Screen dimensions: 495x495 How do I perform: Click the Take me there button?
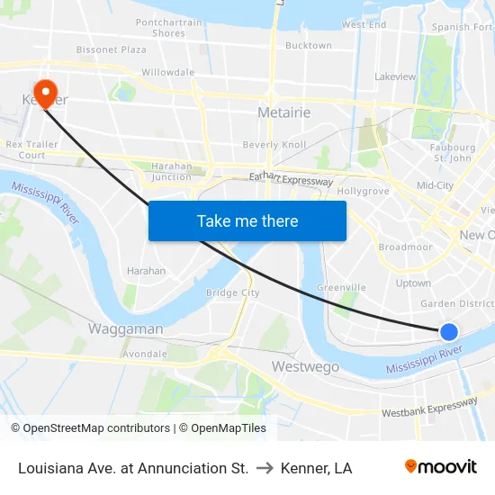pyautogui.click(x=247, y=220)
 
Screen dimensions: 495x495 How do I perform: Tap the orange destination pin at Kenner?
pyautogui.click(x=43, y=93)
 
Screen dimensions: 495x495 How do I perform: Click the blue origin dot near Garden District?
pyautogui.click(x=448, y=331)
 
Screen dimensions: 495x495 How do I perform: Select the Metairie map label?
pyautogui.click(x=283, y=112)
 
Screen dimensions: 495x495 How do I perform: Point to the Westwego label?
pyautogui.click(x=305, y=367)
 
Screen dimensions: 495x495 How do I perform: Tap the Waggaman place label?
pyautogui.click(x=125, y=329)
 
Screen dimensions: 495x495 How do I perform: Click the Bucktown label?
pyautogui.click(x=308, y=45)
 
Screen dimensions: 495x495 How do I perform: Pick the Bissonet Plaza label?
pyautogui.click(x=111, y=49)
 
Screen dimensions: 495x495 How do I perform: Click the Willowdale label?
pyautogui.click(x=167, y=72)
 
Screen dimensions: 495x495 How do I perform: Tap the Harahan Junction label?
pyautogui.click(x=171, y=171)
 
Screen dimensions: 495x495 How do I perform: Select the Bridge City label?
pyautogui.click(x=232, y=292)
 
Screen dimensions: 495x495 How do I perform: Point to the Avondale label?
pyautogui.click(x=144, y=354)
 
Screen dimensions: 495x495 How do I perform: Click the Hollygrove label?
pyautogui.click(x=363, y=192)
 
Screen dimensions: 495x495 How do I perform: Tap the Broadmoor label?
pyautogui.click(x=405, y=247)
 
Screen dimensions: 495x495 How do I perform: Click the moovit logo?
pyautogui.click(x=440, y=467)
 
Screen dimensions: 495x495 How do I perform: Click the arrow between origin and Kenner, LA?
pyautogui.click(x=265, y=468)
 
